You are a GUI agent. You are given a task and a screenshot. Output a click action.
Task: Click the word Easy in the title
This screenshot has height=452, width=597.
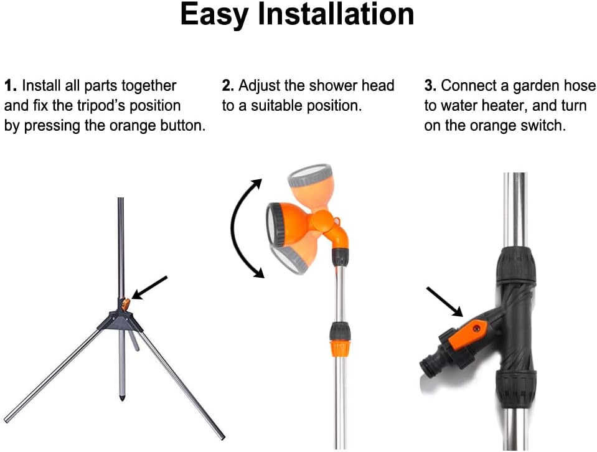[x=214, y=15]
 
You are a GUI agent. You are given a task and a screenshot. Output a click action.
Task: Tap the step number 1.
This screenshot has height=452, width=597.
[x=11, y=86]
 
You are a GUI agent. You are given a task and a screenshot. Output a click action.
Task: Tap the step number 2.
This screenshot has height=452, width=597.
[x=228, y=86]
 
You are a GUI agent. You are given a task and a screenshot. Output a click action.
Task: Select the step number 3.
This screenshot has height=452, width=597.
[x=430, y=86]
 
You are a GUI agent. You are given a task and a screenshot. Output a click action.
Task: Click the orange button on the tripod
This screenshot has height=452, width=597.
[x=126, y=304]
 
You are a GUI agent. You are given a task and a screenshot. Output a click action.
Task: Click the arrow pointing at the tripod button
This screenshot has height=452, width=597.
[x=149, y=288]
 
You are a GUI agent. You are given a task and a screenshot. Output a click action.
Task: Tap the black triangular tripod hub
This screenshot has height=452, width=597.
[x=120, y=320]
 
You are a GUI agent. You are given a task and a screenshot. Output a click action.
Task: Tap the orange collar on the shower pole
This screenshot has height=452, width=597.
[x=339, y=347]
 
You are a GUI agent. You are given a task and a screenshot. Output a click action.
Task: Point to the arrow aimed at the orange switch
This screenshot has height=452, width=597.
[x=444, y=302]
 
